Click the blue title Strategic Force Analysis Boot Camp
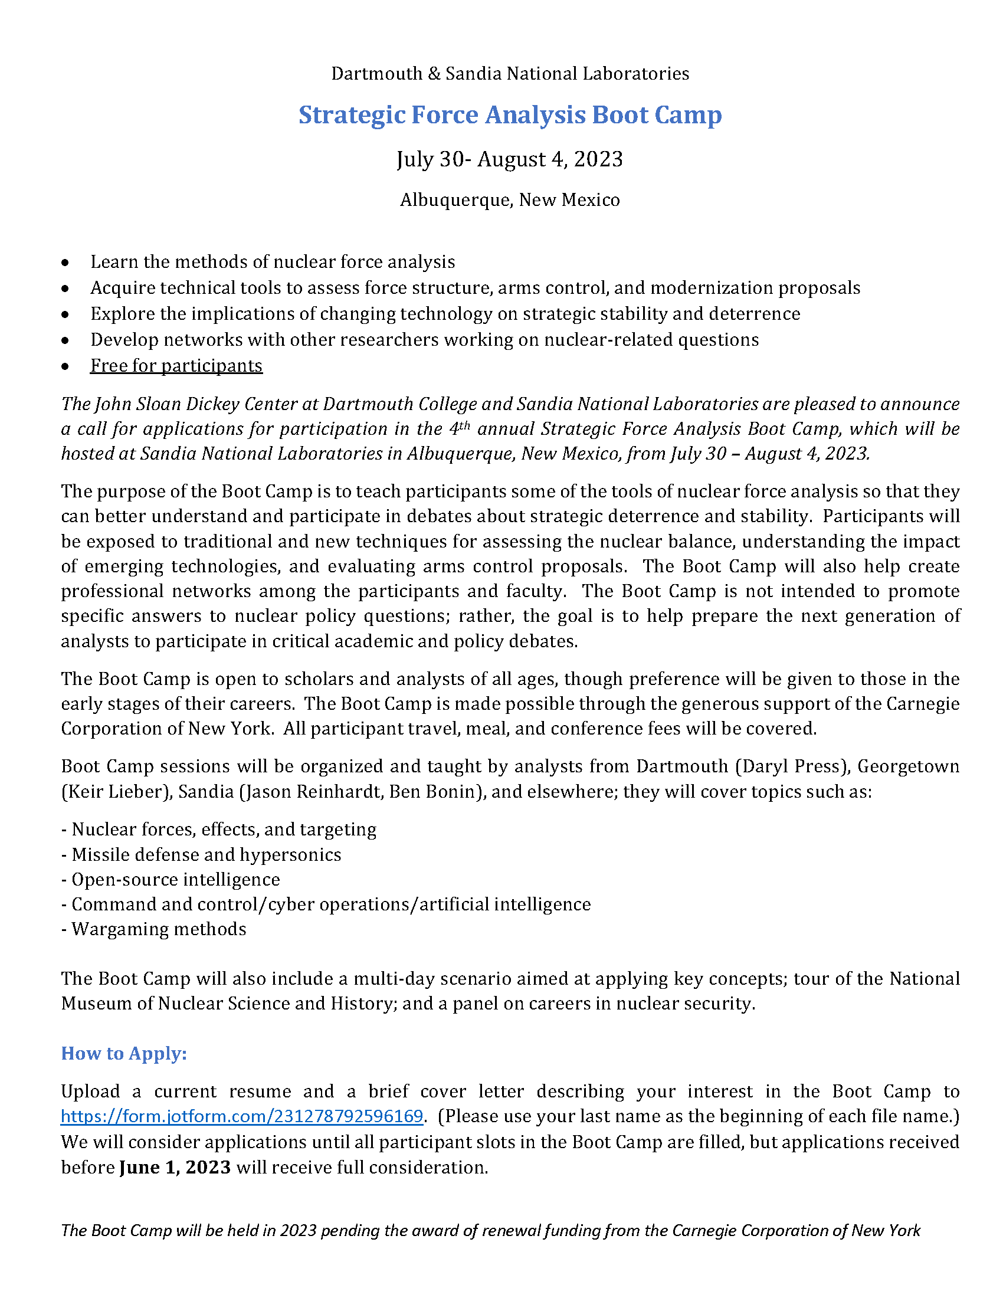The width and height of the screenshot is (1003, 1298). (510, 114)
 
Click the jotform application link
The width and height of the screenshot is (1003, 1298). (242, 1116)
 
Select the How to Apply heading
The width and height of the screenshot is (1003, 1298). (124, 1053)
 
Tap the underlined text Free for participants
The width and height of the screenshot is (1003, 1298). (176, 366)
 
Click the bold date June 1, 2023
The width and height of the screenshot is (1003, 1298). (175, 1167)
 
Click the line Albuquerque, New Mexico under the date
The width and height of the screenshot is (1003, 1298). (510, 199)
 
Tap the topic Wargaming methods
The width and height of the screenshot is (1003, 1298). (159, 929)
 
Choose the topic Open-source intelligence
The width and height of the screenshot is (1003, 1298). (175, 879)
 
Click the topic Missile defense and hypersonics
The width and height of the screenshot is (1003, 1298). (206, 855)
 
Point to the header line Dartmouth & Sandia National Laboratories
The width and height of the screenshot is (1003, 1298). (510, 74)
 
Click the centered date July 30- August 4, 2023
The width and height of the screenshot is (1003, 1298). (510, 159)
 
